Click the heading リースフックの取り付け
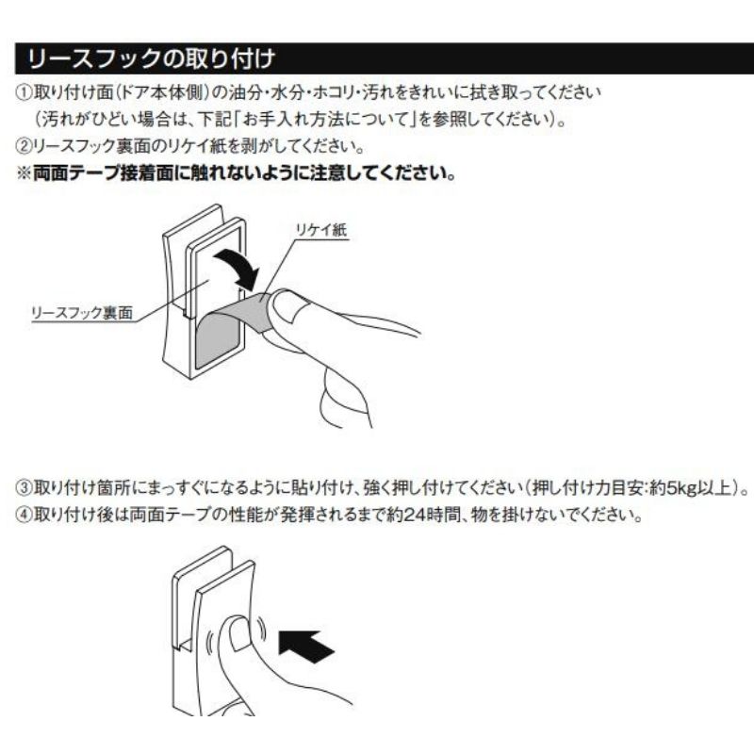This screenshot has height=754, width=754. (x=150, y=58)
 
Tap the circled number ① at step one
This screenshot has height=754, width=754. (x=24, y=92)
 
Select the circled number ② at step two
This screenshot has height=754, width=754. (x=24, y=146)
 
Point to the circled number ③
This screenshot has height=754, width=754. (x=24, y=488)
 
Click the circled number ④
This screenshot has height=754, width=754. (x=24, y=516)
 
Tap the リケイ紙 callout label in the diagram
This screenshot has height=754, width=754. (x=320, y=230)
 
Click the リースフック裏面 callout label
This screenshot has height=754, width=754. (x=82, y=313)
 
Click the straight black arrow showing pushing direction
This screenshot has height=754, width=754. (x=306, y=647)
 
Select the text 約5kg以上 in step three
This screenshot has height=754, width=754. (x=692, y=488)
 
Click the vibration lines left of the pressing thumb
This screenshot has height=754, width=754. (x=211, y=639)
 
